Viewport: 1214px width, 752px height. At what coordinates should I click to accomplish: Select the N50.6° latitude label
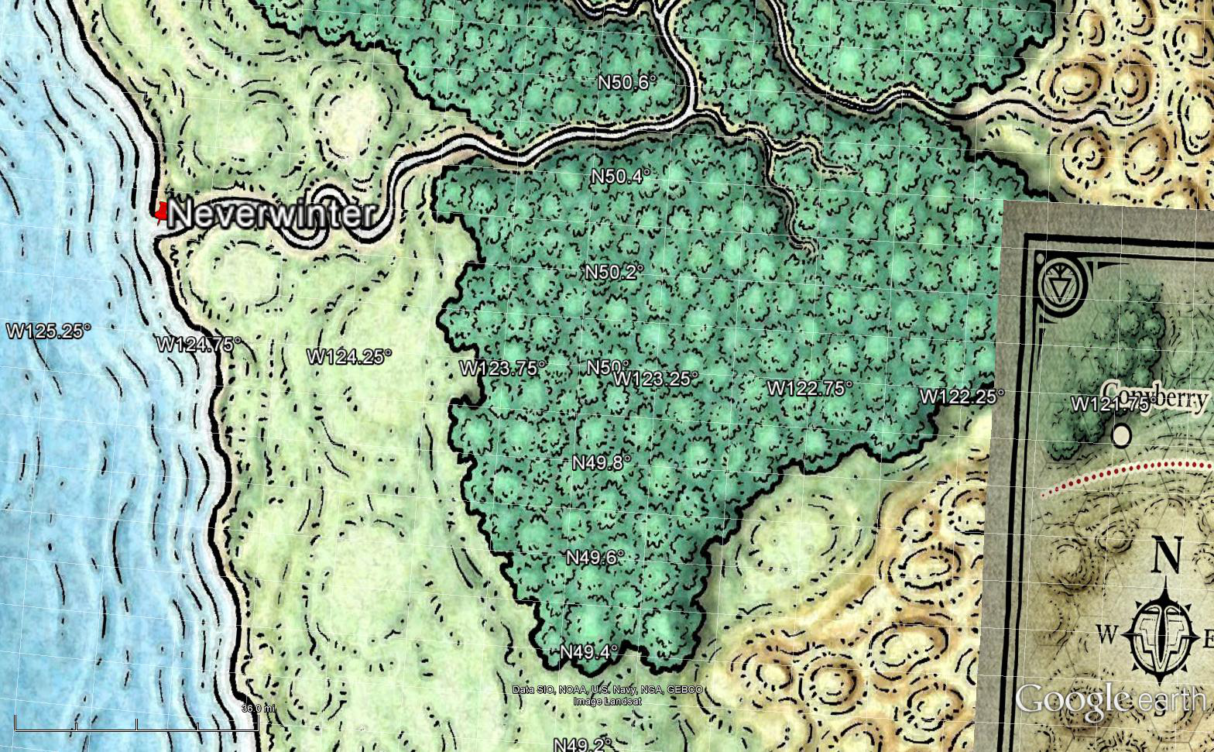point(627,82)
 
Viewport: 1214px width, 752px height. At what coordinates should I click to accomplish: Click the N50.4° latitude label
point(620,177)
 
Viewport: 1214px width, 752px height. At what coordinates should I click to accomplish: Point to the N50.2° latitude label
point(614,272)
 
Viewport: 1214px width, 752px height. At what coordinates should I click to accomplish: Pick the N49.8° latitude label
point(602,462)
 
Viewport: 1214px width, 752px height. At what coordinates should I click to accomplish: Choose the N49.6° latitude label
point(595,558)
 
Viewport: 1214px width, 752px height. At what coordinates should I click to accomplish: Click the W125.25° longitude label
point(49,331)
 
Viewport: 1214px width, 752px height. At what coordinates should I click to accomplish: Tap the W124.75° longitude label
point(199,344)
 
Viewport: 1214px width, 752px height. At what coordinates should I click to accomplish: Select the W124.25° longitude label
point(349,356)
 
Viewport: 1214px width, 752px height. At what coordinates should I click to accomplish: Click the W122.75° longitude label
point(810,388)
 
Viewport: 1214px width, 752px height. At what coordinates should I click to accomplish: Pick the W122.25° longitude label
point(962,396)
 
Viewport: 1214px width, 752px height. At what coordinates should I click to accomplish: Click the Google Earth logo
point(1109,699)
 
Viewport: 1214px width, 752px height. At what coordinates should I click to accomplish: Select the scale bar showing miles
point(136,726)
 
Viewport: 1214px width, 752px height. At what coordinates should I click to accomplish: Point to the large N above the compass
point(1168,555)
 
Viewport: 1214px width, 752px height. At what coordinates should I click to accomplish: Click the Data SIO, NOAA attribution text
point(608,689)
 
